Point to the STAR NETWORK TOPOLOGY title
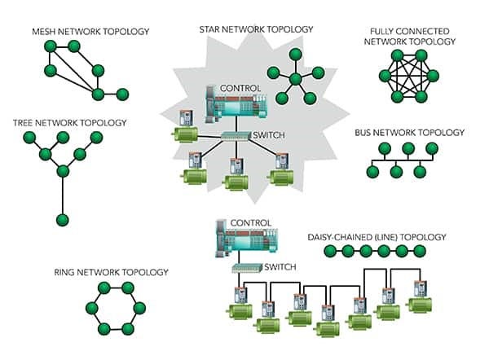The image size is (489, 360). point(256,29)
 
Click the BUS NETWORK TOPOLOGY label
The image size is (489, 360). point(409,132)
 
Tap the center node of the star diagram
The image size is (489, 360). point(295,79)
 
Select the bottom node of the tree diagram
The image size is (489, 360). point(62,220)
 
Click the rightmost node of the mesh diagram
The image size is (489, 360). point(122,94)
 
